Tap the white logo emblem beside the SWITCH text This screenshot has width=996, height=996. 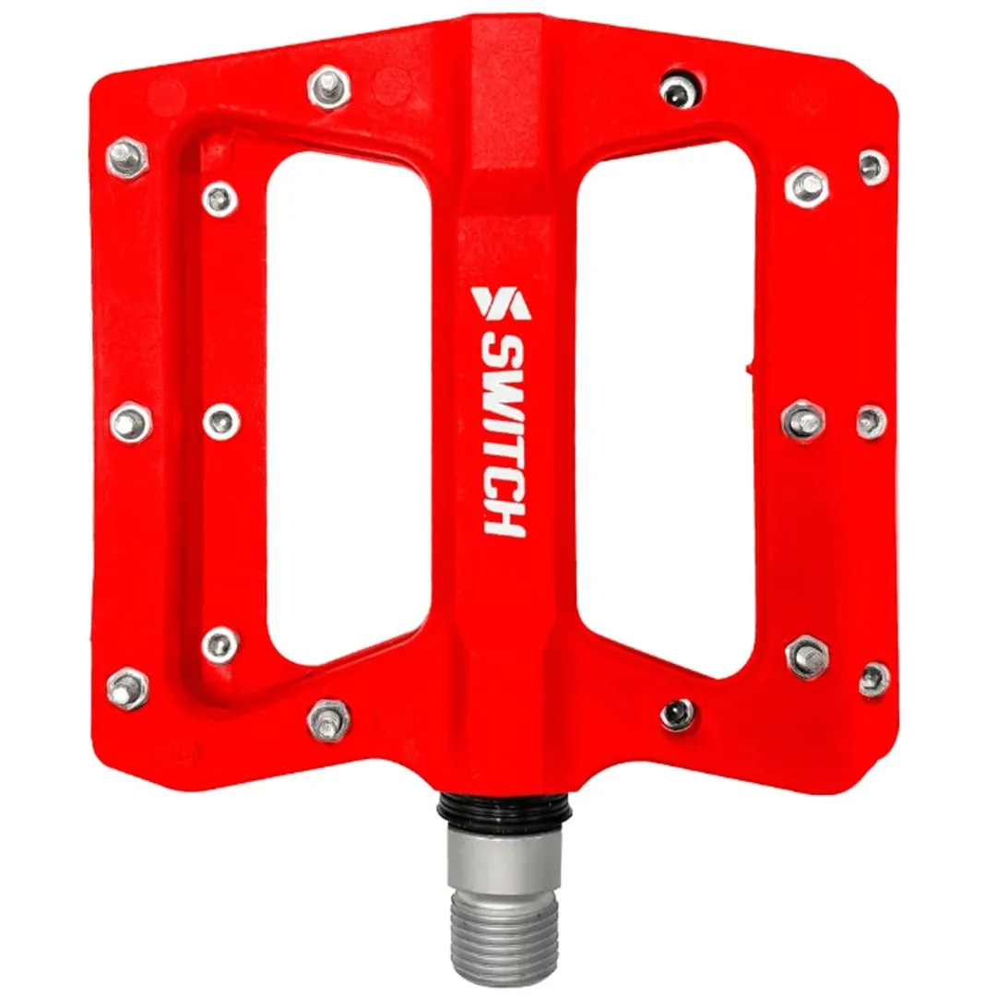pos(496,302)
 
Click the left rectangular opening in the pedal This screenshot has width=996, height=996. pos(349,406)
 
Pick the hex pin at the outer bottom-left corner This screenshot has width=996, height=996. pos(128,687)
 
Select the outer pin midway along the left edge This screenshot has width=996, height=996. pos(131,422)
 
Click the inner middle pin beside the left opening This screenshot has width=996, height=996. pos(220,421)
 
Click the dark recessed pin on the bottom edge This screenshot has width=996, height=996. pos(678,714)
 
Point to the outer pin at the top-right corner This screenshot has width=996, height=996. pos(872,167)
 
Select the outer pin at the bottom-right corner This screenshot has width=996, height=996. pos(873,680)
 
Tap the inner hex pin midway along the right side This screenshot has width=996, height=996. pos(803,421)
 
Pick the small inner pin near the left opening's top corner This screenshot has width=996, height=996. pos(219,197)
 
